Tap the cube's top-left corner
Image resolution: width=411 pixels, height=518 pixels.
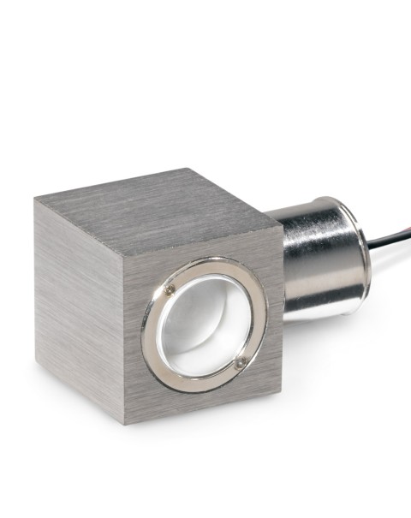pos(35,199)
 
